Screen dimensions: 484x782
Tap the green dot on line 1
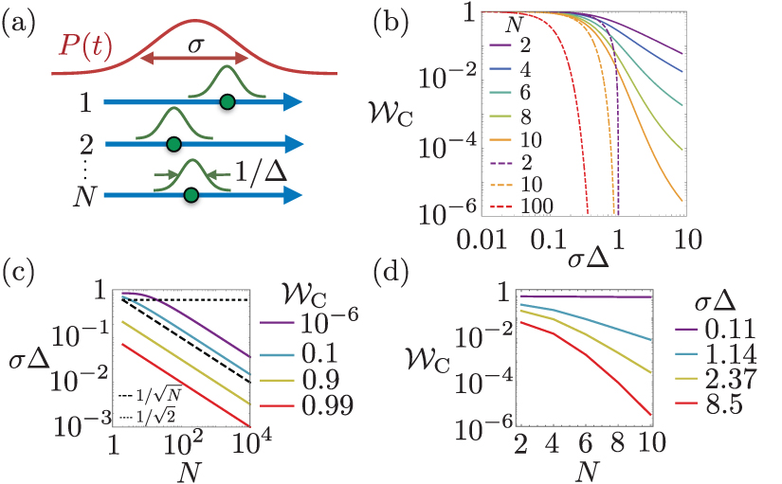click(227, 100)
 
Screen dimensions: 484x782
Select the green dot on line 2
click(173, 145)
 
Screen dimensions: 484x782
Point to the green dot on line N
click(191, 195)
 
